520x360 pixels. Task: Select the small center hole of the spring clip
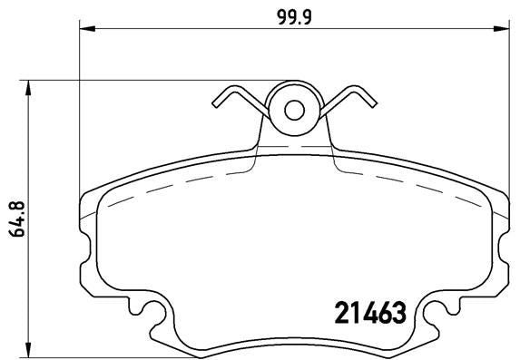coord(294,110)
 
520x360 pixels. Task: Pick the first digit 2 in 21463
coord(332,314)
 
